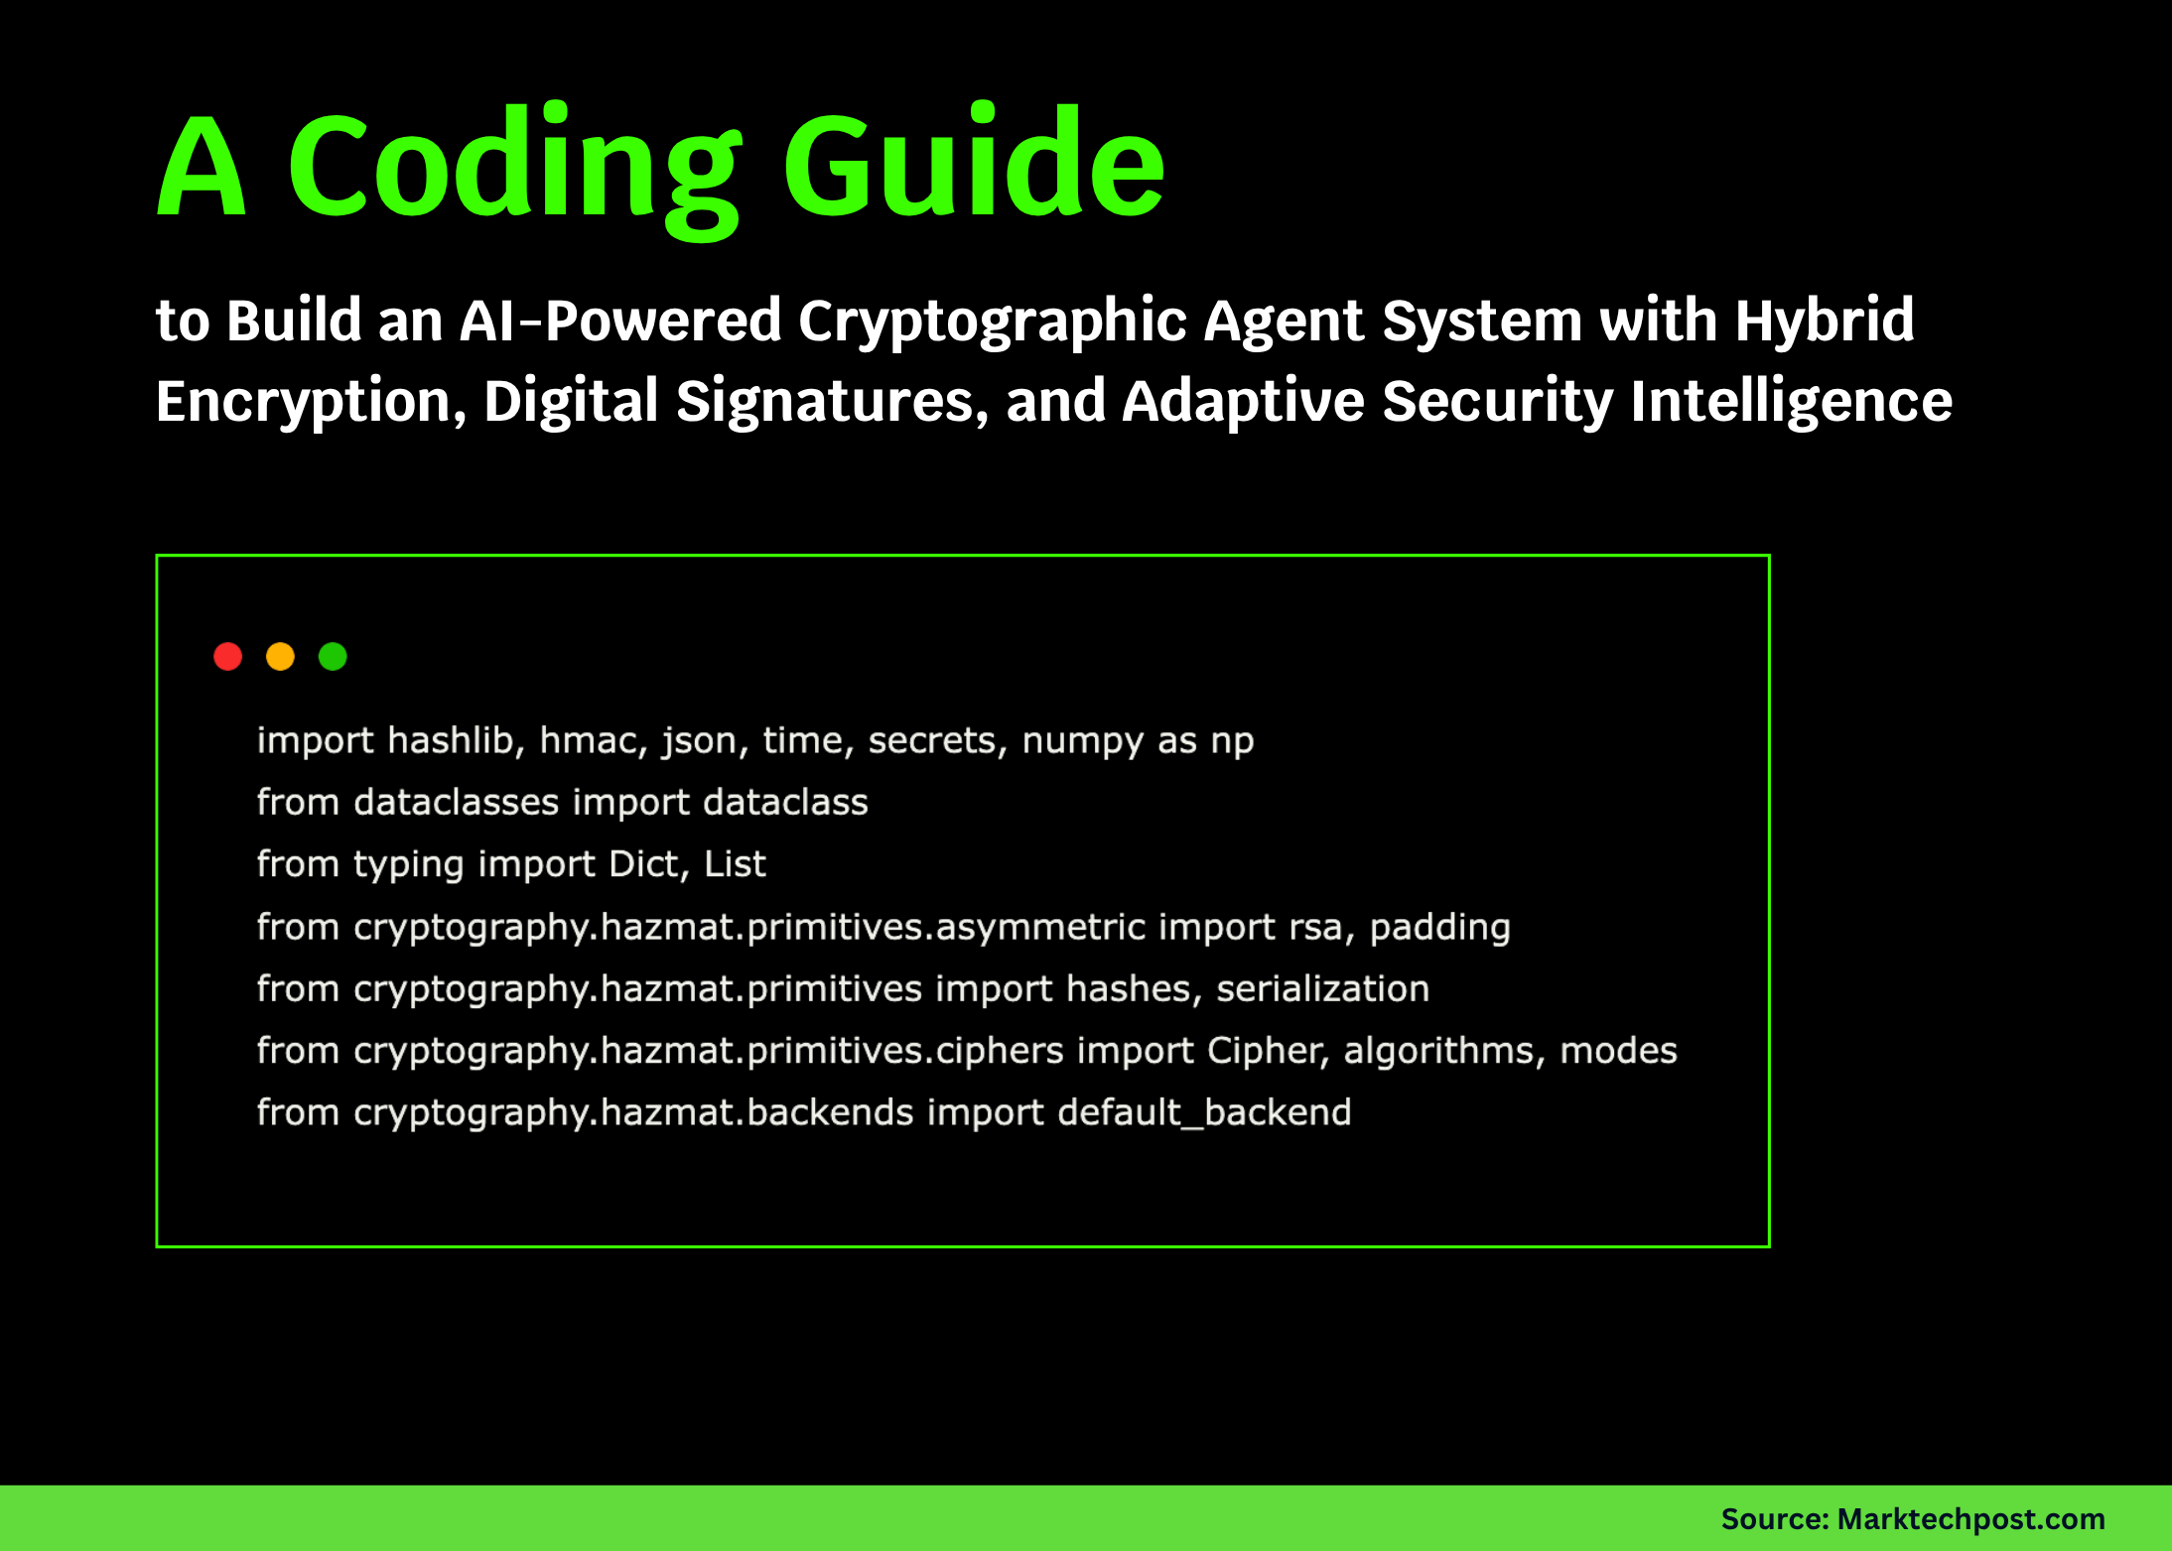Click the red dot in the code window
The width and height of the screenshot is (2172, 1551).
coord(228,657)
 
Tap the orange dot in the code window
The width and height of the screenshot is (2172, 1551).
coord(281,657)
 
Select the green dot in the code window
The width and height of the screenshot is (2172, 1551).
coord(333,657)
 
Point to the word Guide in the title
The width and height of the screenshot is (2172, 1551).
coord(974,161)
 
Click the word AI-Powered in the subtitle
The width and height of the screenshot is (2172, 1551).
coord(620,321)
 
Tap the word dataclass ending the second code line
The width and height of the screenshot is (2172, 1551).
coord(786,802)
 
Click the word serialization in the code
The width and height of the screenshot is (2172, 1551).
coord(1323,989)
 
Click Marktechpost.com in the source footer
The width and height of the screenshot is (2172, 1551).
coord(1971,1519)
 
